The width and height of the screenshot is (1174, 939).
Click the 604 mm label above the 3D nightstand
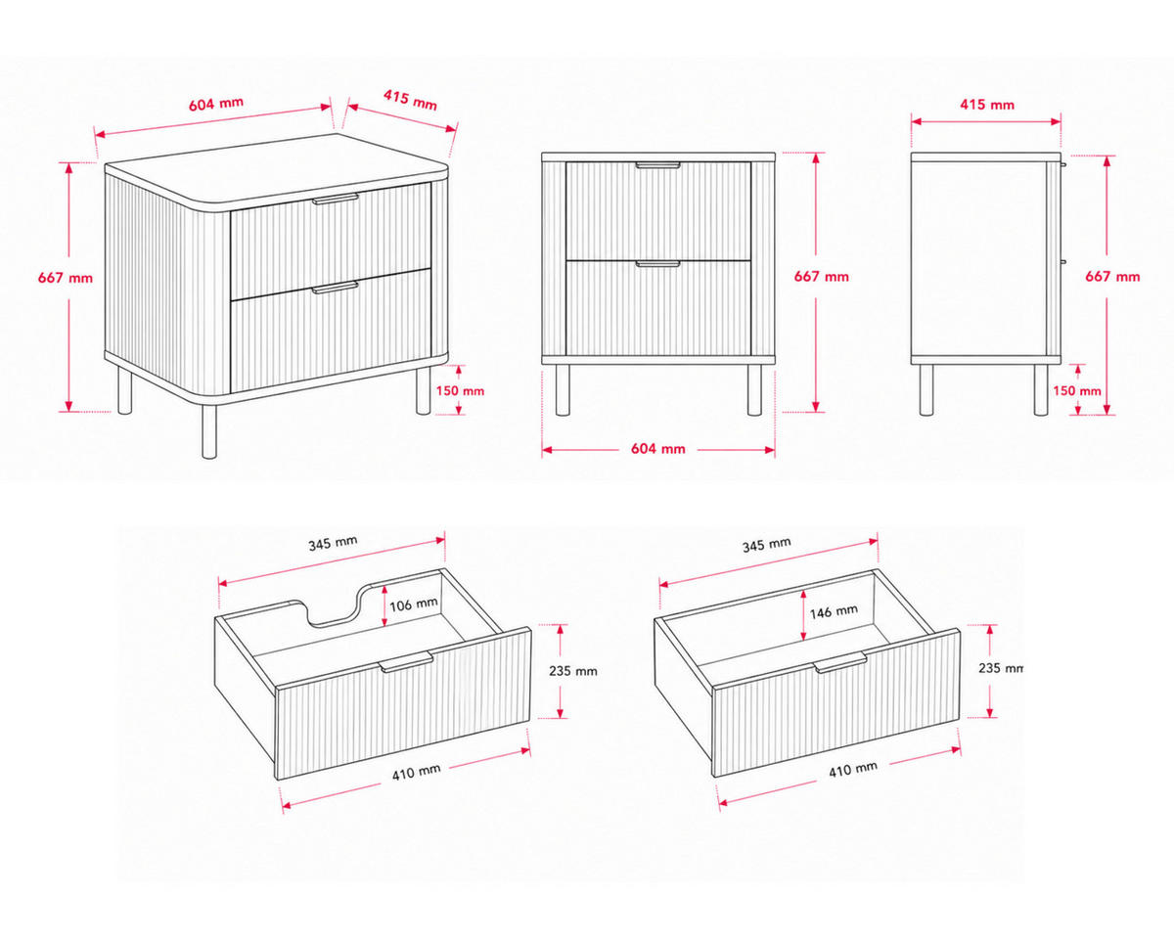(x=216, y=103)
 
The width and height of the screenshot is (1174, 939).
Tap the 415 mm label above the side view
(x=987, y=105)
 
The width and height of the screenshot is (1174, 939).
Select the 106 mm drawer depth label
(x=414, y=604)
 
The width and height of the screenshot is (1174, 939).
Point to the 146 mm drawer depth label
(x=834, y=611)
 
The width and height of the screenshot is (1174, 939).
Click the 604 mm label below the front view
(x=657, y=449)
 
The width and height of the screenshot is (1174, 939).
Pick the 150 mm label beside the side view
(x=1077, y=390)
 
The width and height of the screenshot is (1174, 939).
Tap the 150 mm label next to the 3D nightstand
(x=460, y=390)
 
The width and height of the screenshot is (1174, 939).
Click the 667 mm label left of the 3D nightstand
(x=65, y=278)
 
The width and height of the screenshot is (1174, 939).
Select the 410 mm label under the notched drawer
(x=416, y=772)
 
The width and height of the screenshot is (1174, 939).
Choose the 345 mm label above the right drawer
(x=766, y=544)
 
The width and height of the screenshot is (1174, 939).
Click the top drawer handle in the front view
(x=657, y=164)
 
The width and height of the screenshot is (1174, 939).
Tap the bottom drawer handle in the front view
(x=657, y=264)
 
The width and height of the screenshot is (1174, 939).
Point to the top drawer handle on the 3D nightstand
(x=335, y=199)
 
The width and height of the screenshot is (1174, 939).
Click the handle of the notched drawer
(x=406, y=661)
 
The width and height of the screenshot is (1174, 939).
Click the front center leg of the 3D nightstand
(x=209, y=430)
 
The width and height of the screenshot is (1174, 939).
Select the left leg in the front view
(x=563, y=390)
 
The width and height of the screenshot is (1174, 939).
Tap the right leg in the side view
(x=1041, y=390)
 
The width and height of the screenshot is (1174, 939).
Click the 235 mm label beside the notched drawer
(x=573, y=671)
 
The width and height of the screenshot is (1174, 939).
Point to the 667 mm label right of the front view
(x=821, y=277)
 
